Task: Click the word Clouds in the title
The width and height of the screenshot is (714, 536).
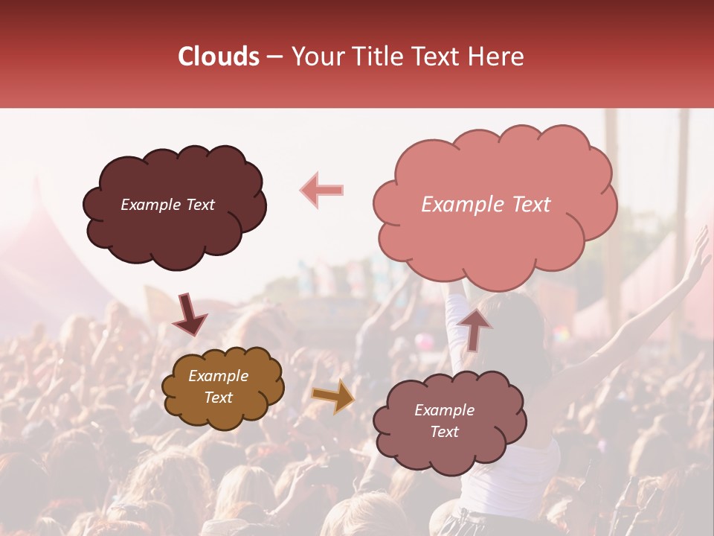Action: [219, 57]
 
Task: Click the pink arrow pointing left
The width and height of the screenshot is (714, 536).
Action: [321, 190]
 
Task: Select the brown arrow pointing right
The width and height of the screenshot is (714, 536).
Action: [332, 395]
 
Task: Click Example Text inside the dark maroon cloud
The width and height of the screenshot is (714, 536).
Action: [167, 205]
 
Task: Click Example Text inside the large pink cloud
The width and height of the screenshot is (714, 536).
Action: [486, 205]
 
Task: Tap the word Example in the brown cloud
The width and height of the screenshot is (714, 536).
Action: [218, 376]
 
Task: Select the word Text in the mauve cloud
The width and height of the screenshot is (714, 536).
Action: [444, 432]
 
